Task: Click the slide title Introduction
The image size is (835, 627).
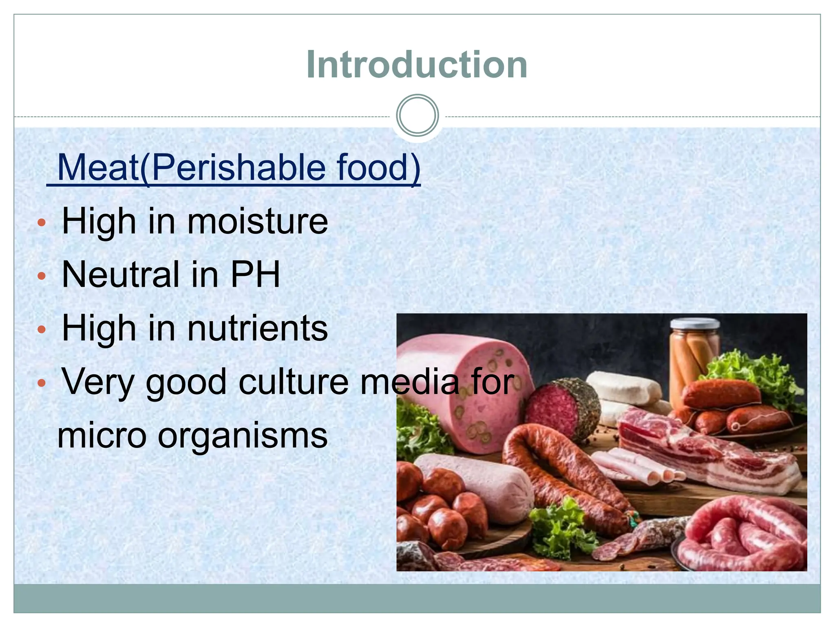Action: tap(417, 64)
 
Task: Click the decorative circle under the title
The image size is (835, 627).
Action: tap(417, 116)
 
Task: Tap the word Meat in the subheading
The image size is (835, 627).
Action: tap(98, 167)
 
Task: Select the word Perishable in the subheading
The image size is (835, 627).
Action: tap(239, 167)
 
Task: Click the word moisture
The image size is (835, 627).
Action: tap(257, 222)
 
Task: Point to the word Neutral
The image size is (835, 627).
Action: tap(120, 274)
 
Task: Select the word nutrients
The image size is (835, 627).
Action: tap(257, 328)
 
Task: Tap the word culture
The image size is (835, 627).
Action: tap(294, 382)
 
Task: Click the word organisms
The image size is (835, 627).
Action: tap(243, 436)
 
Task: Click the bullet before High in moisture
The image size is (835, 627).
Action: tap(41, 223)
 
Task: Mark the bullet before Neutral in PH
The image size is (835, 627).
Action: tap(41, 276)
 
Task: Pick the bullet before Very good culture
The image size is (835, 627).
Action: tap(41, 383)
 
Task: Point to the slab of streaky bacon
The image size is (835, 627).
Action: tap(705, 453)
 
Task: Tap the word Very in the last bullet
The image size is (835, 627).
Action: tap(98, 382)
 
